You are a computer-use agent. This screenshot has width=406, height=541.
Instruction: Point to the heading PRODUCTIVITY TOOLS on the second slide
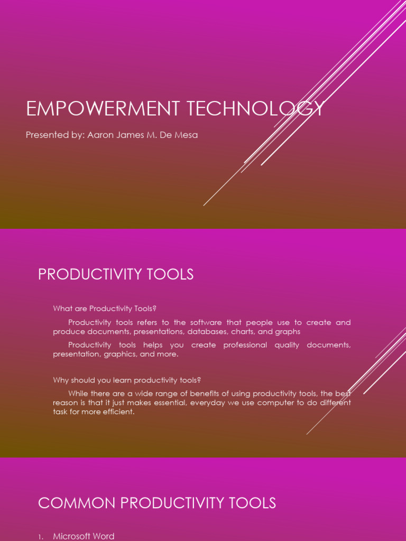(x=116, y=275)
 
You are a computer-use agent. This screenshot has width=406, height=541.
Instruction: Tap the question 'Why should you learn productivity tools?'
(x=127, y=380)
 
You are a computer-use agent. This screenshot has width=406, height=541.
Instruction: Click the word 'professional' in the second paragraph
(x=245, y=345)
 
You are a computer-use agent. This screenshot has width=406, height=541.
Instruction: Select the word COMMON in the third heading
(x=68, y=503)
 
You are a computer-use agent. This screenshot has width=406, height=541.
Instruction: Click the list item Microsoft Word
(x=84, y=536)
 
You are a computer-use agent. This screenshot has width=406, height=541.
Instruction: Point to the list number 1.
(x=40, y=537)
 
